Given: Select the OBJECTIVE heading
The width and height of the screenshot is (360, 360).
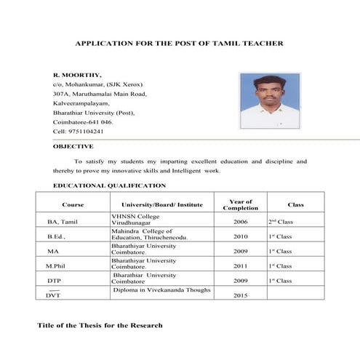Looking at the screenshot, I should pyautogui.click(x=73, y=146).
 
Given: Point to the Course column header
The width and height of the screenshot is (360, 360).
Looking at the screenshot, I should pyautogui.click(x=73, y=204).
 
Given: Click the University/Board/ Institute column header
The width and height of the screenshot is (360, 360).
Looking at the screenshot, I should pyautogui.click(x=162, y=204).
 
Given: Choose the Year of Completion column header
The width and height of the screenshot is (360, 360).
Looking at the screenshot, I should pyautogui.click(x=240, y=204).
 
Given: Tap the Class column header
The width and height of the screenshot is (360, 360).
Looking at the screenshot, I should pyautogui.click(x=295, y=204).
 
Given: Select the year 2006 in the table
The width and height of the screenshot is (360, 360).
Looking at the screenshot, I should pyautogui.click(x=240, y=221).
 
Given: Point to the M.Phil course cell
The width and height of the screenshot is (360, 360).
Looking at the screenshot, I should pyautogui.click(x=56, y=266).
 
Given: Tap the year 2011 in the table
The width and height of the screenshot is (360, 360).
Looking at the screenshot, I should pyautogui.click(x=240, y=266).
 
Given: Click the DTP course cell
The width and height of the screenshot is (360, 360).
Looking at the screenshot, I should pyautogui.click(x=55, y=281).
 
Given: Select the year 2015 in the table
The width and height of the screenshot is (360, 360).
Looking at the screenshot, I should pyautogui.click(x=240, y=296).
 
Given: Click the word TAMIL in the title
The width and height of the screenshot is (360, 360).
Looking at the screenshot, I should pyautogui.click(x=238, y=44).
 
